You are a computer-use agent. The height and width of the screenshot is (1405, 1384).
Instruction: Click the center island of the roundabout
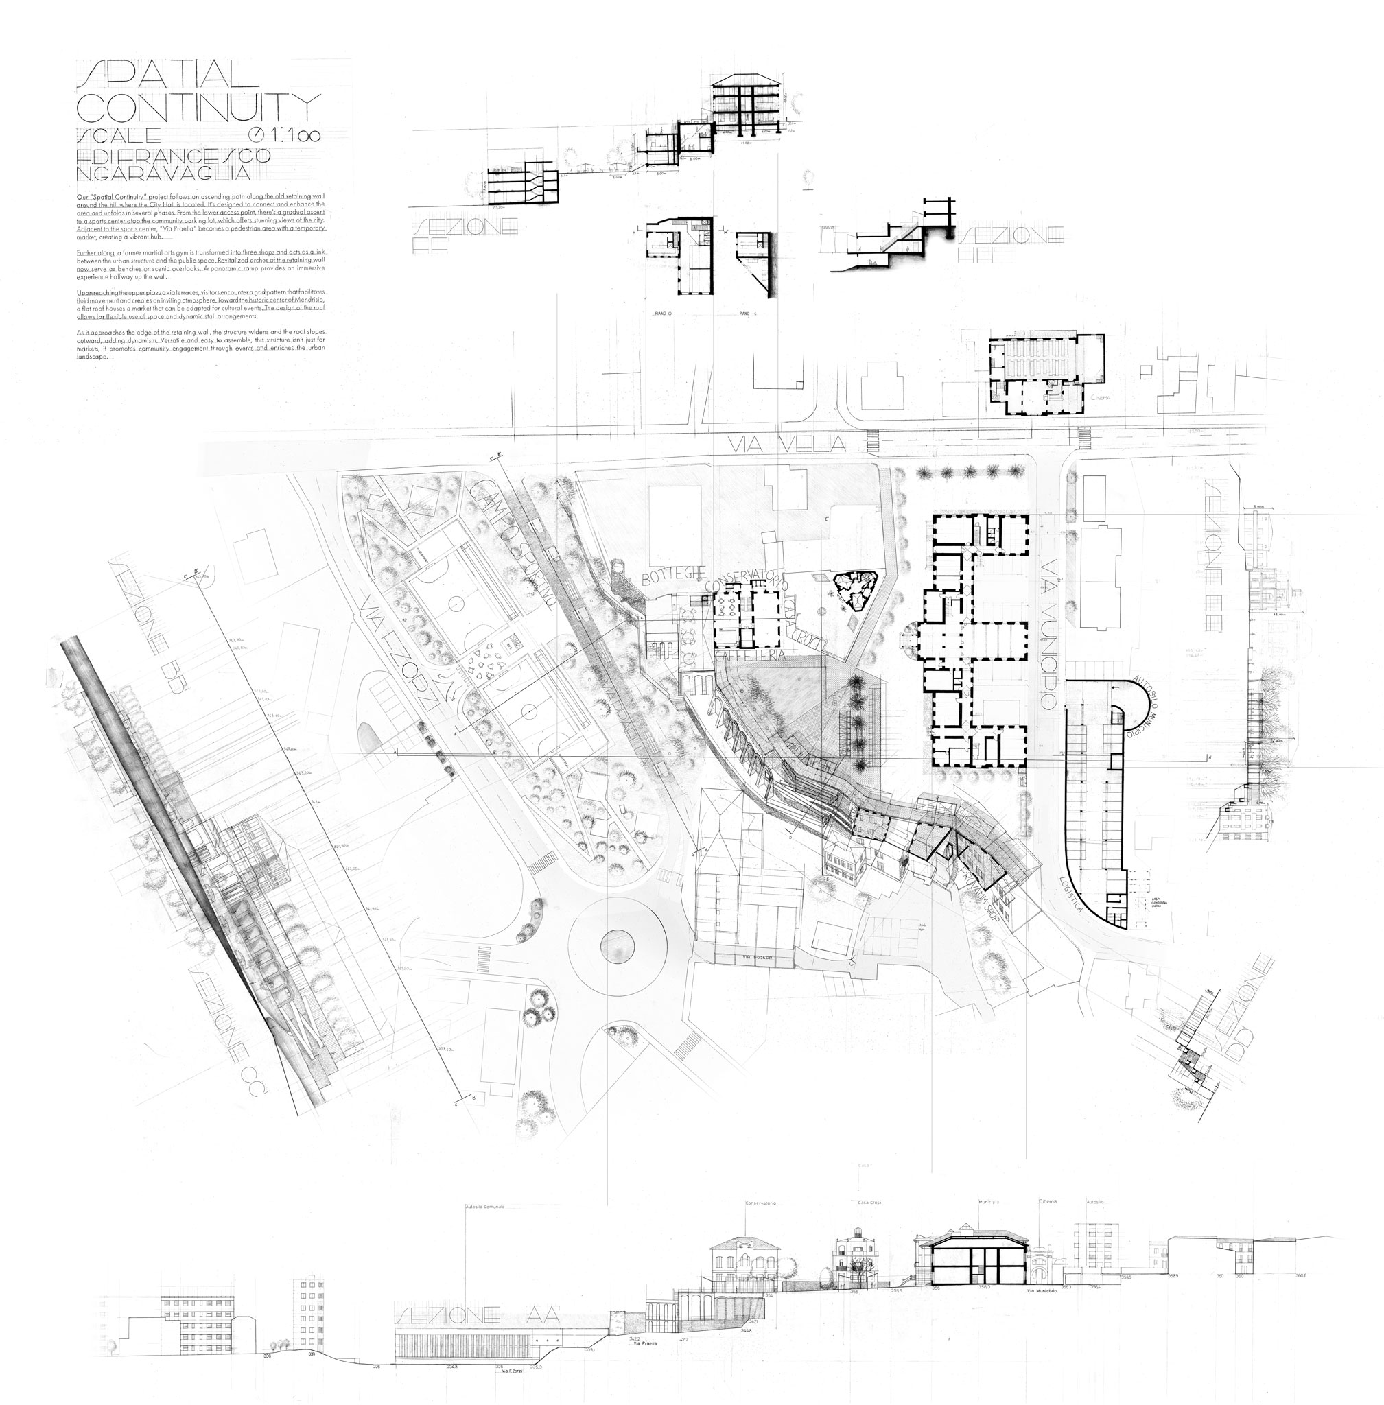(x=617, y=943)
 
